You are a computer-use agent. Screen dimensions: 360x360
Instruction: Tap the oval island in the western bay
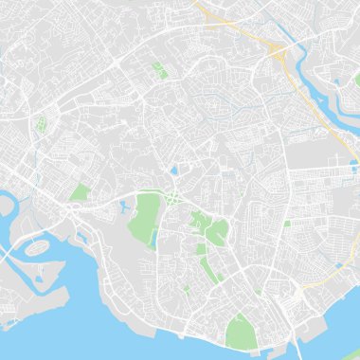[37, 247]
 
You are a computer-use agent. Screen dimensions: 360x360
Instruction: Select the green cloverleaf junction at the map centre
[174, 197]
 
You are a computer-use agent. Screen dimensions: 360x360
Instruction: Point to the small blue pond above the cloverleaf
[173, 171]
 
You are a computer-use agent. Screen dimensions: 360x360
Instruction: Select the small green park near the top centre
[157, 68]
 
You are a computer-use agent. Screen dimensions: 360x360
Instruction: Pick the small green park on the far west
[40, 124]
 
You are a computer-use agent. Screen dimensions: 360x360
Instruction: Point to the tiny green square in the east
[287, 224]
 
